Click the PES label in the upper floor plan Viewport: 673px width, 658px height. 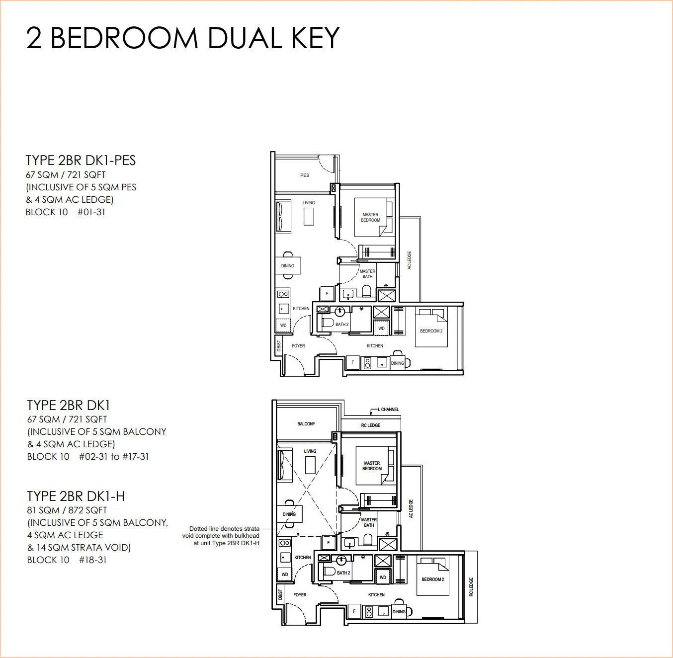point(305,175)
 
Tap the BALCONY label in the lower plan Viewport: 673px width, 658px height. point(306,423)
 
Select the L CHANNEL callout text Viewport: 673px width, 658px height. point(388,409)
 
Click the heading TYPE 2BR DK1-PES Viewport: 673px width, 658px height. point(81,161)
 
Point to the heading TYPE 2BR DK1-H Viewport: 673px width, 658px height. point(76,496)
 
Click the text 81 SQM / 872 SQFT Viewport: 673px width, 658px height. point(67,510)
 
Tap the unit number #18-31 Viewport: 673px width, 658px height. point(92,560)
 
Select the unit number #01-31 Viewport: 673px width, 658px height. point(91,212)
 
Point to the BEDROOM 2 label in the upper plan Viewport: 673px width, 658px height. point(431,331)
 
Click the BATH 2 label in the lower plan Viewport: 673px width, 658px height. point(343,573)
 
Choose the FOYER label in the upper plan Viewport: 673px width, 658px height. point(298,346)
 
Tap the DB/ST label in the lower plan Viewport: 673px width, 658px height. point(280,595)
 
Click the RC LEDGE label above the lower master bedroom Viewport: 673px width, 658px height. point(370,425)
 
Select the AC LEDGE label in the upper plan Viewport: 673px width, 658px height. point(410,260)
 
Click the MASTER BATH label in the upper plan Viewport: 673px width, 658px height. point(367,273)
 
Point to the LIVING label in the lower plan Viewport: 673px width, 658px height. point(310,451)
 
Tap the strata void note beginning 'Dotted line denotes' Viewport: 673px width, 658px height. point(221,536)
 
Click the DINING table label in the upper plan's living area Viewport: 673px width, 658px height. point(287,266)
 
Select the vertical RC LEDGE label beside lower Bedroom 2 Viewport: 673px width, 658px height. point(471,587)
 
